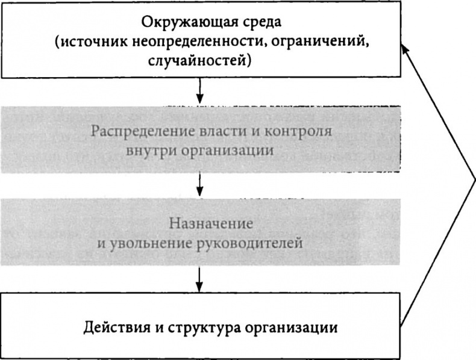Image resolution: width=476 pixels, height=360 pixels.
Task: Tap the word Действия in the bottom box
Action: pyautogui.click(x=111, y=329)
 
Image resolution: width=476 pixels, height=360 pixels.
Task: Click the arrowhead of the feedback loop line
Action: pyautogui.click(x=406, y=51)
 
